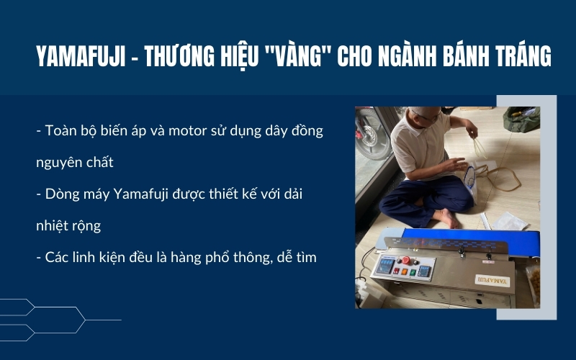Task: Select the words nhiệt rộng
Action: (x=68, y=225)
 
